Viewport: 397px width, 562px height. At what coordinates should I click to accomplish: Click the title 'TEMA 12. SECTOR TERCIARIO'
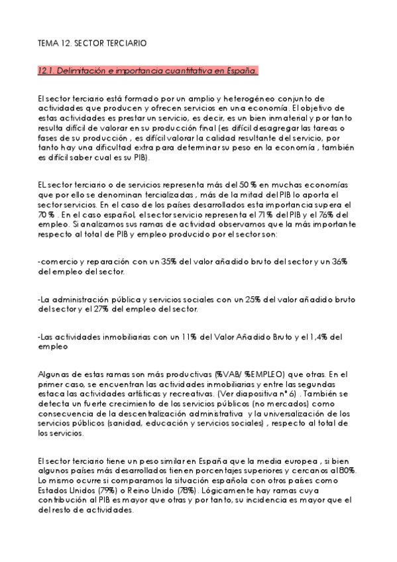92,43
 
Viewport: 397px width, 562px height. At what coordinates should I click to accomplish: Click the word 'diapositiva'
248,392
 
